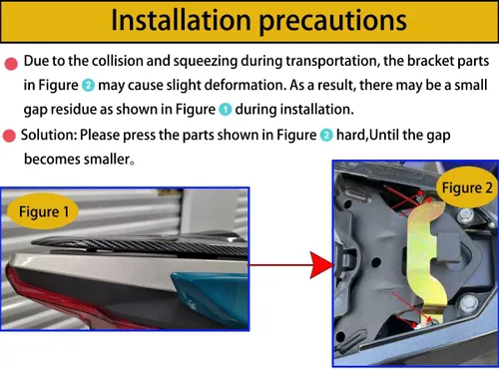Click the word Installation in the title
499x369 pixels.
pos(181,20)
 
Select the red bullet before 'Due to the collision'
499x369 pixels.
pos(11,64)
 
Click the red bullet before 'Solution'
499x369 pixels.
pos(9,136)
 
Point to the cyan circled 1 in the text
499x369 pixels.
pos(226,110)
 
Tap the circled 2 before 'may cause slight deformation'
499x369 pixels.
pos(88,86)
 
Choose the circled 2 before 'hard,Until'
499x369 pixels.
pos(326,136)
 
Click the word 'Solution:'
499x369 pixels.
pos(49,135)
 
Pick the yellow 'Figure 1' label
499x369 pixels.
pos(43,211)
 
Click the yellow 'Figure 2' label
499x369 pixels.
pos(467,187)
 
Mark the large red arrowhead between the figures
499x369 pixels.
pos(321,265)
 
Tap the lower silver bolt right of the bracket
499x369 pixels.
pos(468,303)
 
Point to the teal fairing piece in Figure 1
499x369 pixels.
pos(211,298)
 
